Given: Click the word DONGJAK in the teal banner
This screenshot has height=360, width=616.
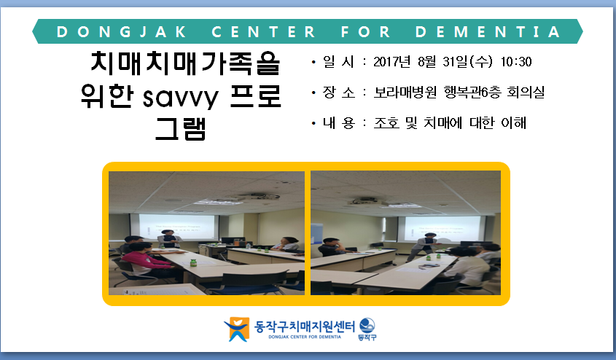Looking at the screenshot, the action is (x=122, y=32).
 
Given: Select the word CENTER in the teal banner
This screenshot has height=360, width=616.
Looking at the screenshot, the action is (x=263, y=32).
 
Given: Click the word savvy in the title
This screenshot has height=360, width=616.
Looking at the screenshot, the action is (x=180, y=98).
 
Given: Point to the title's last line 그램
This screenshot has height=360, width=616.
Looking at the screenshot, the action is (x=180, y=129).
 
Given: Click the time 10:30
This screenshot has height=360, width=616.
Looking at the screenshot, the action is (x=516, y=62).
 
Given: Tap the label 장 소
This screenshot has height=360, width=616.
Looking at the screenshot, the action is (x=339, y=93).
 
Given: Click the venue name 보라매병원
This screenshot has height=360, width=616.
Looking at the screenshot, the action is (x=405, y=93).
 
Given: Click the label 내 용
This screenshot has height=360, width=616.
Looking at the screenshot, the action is (x=339, y=123).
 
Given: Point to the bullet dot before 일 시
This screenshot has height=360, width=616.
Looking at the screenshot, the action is (x=313, y=62).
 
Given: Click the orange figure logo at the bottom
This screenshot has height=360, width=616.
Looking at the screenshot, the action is (x=237, y=329).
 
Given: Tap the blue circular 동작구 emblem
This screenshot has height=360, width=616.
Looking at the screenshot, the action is (x=367, y=326).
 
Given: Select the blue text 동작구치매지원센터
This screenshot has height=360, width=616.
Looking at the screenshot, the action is (x=305, y=326).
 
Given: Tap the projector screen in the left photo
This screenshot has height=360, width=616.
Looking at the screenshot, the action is (x=178, y=227).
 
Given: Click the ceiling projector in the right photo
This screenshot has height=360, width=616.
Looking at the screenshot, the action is (x=365, y=202).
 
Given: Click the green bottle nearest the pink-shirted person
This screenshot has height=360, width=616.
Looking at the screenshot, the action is (x=193, y=262).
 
